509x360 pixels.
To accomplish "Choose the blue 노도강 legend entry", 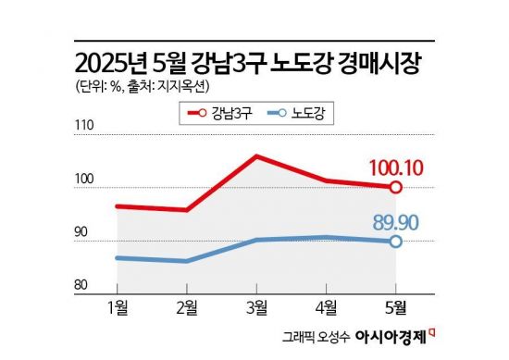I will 297,114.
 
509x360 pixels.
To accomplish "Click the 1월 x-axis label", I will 118,307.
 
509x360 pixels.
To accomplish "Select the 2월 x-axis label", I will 187,307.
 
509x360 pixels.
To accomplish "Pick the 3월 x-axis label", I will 256,307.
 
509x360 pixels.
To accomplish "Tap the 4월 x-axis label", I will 326,307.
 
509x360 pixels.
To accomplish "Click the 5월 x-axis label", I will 395,307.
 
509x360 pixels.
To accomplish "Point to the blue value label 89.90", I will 400,222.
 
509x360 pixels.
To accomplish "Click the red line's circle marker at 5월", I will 395,187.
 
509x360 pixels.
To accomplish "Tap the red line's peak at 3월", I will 256,155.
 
